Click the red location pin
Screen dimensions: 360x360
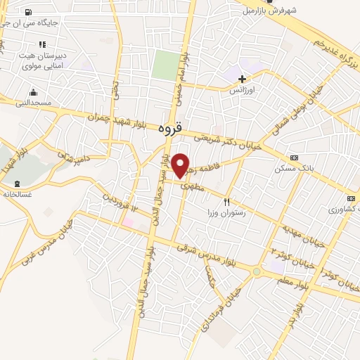coord(181,165)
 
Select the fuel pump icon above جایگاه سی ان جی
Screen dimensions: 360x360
coord(27,12)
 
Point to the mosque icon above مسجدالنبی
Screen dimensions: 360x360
coord(33,92)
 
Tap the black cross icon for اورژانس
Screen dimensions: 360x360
coord(243,79)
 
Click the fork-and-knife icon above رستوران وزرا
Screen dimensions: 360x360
coord(226,202)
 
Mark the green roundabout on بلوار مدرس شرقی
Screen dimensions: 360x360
coord(257,271)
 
